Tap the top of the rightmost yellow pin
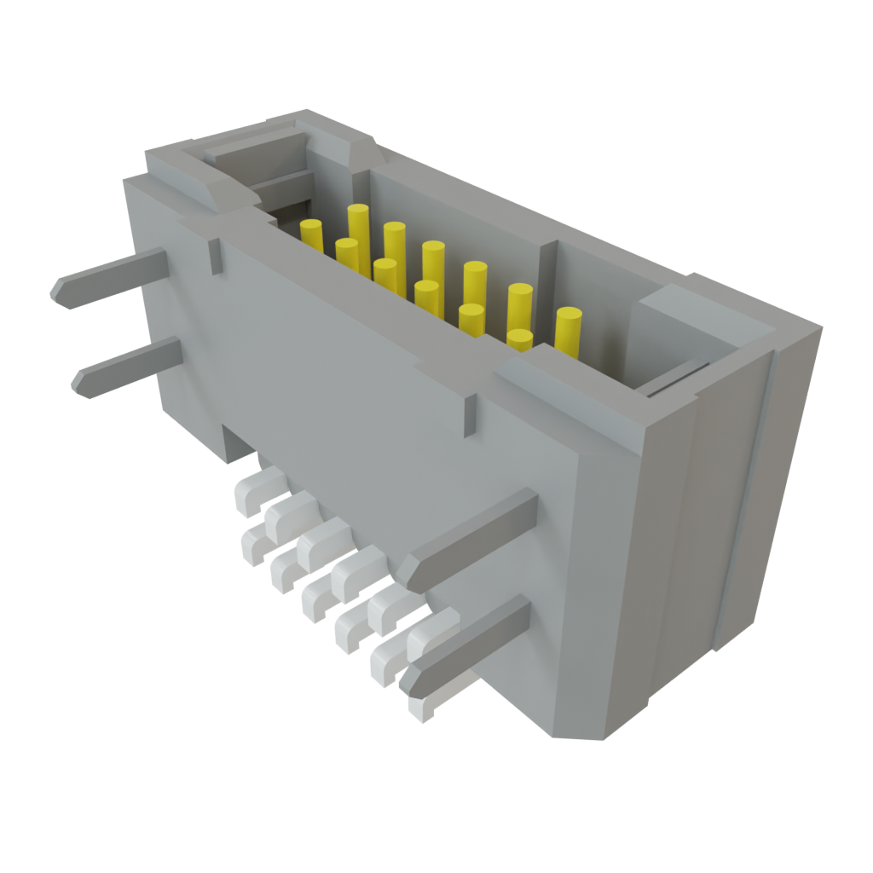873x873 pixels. point(569,315)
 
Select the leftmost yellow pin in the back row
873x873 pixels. point(312,234)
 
